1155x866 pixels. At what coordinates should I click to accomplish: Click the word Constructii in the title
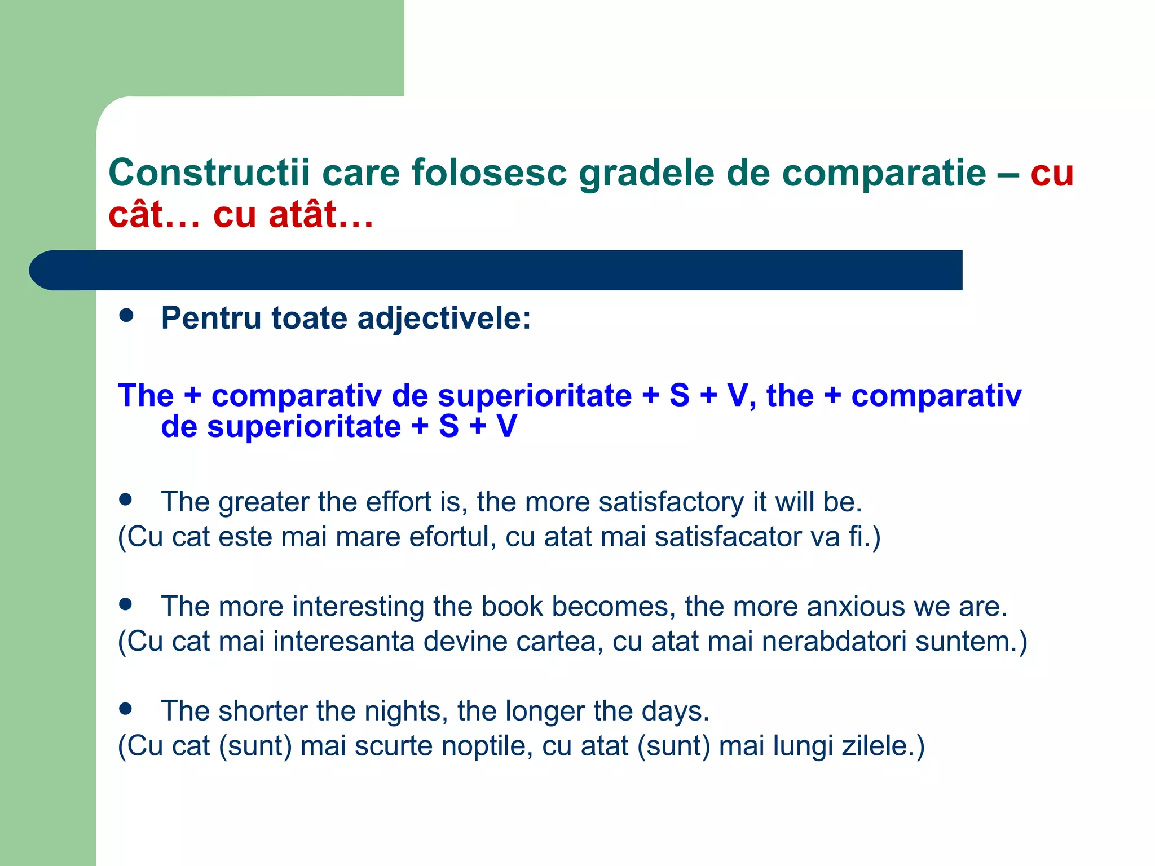click(209, 173)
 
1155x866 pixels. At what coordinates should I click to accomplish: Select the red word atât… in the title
click(321, 215)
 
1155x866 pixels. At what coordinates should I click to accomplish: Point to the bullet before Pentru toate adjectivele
click(126, 315)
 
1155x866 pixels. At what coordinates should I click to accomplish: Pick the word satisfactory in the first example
click(671, 502)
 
